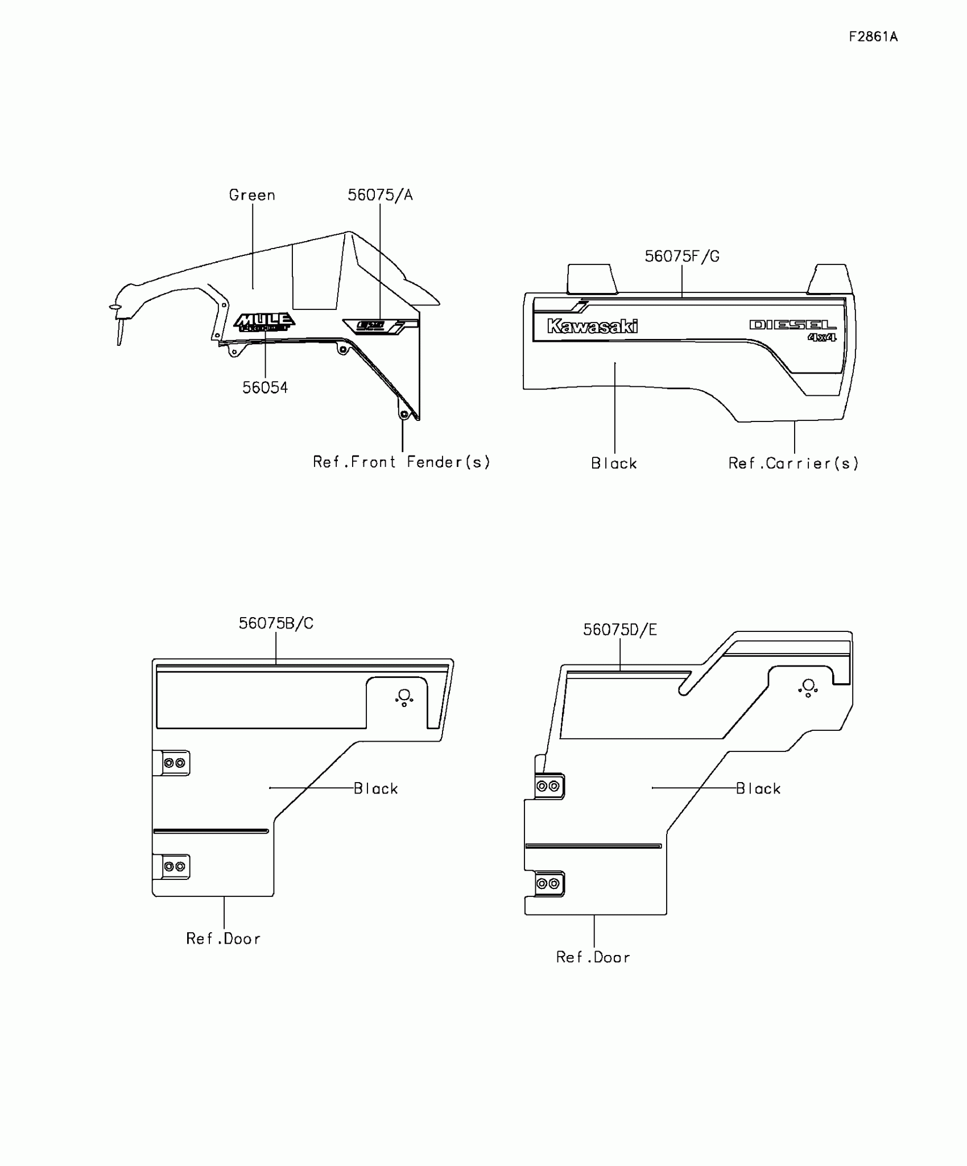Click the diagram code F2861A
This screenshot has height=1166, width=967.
point(873,37)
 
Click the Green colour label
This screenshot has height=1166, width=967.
point(252,195)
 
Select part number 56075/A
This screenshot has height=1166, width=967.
point(380,195)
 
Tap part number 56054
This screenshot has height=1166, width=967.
point(265,388)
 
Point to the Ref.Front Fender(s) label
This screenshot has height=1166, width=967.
point(401,462)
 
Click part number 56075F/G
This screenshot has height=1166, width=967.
point(681,257)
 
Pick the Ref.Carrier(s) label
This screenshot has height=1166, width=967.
point(794,464)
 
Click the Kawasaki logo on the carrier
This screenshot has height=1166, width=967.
point(592,326)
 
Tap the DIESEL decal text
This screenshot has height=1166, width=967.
point(793,325)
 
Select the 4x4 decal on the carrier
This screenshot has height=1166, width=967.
point(822,337)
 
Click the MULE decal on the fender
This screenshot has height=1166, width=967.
point(265,321)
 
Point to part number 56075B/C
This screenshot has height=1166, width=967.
point(276,623)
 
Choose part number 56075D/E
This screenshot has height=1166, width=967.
point(619,630)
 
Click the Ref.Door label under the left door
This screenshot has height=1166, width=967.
point(224,938)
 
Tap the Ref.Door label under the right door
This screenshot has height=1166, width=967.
point(593,957)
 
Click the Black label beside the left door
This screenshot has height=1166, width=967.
point(375,788)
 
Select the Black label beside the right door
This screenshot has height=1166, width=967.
point(758,788)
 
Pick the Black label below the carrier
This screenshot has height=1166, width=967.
point(614,464)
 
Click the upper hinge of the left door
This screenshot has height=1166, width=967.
point(173,763)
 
